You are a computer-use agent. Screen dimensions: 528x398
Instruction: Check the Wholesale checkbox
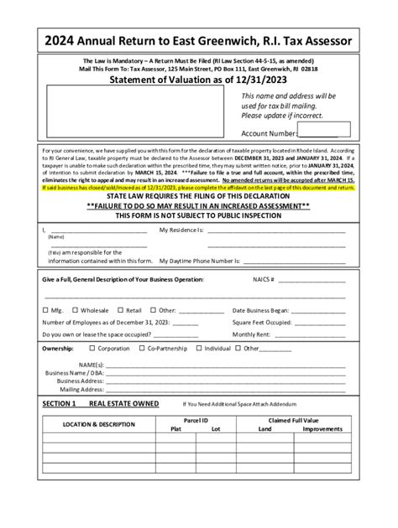tap(73, 309)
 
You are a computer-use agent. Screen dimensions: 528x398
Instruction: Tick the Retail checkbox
tap(118, 309)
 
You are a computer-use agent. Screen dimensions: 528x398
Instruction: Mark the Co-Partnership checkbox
tap(143, 347)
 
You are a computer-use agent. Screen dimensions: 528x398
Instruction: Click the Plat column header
tap(175, 428)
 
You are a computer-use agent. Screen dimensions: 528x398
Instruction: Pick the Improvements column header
tap(322, 428)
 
